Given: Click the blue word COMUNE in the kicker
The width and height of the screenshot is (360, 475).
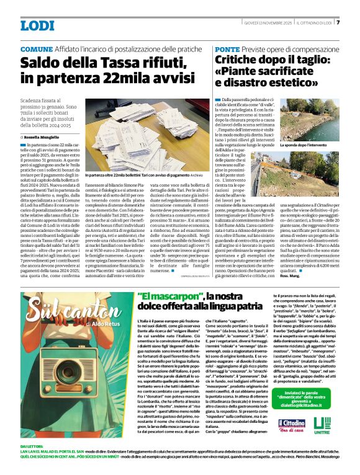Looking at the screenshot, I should pos(37,48).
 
